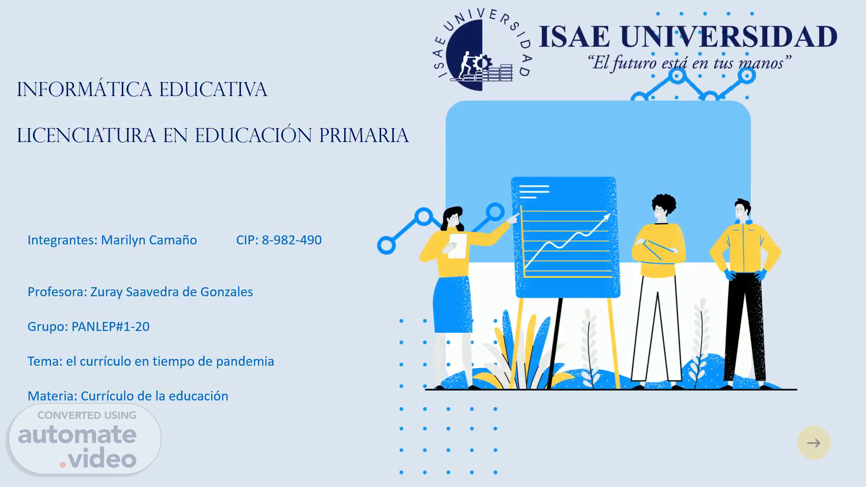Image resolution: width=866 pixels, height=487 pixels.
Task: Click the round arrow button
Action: [x=814, y=443]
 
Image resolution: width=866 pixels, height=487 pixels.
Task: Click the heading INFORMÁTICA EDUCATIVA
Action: [x=142, y=89]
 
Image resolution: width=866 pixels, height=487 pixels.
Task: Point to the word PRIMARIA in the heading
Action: [x=364, y=135]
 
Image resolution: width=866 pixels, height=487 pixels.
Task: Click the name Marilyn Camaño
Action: [x=149, y=240]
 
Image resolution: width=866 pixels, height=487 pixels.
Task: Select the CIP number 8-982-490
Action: [x=292, y=240]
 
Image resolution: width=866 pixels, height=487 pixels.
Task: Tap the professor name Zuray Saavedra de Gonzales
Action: [x=172, y=292]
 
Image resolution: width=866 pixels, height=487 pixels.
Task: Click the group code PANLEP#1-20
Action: [x=111, y=326]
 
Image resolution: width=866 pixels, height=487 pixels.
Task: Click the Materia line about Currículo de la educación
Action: [x=128, y=396]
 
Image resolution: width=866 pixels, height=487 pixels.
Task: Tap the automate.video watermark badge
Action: [x=85, y=439]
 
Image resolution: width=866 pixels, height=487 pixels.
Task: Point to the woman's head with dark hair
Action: [x=453, y=219]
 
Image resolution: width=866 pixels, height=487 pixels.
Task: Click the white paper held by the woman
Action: [x=457, y=246]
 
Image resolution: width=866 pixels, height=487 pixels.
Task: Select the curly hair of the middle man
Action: [x=664, y=204]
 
